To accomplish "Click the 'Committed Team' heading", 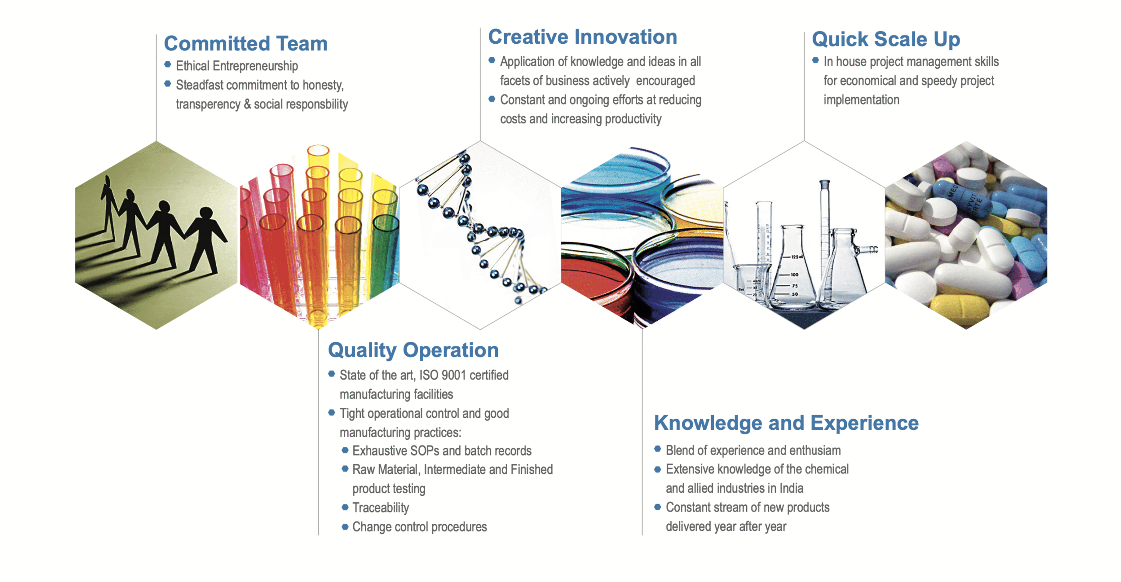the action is (246, 43).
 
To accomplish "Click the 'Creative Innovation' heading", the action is (582, 37).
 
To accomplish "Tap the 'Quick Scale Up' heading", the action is (886, 39).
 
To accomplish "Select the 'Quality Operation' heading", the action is (413, 350).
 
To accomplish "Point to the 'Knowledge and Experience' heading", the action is (786, 423).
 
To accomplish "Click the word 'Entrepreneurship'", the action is (255, 66).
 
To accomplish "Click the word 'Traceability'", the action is (381, 508).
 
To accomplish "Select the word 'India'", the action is (791, 488).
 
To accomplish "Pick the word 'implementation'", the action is (861, 100).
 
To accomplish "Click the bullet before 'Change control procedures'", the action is (345, 526).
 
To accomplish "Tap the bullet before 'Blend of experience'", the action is (657, 449).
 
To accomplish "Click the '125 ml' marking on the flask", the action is (797, 257).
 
